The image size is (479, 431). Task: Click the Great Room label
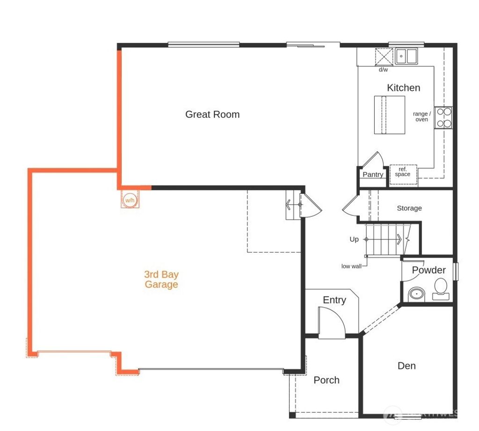(212, 115)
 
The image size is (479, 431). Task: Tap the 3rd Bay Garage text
(161, 280)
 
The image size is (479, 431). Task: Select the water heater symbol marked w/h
(130, 200)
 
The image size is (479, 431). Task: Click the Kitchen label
(403, 88)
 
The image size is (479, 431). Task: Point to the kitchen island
(389, 115)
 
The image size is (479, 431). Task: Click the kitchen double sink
(406, 57)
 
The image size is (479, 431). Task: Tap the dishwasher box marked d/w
(384, 57)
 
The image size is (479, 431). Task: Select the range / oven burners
(443, 118)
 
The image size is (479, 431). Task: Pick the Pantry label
(373, 175)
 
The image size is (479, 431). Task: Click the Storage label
(409, 208)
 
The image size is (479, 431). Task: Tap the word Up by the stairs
(354, 239)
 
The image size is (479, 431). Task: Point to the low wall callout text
(351, 266)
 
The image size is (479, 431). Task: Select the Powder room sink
(416, 294)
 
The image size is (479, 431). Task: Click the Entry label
(334, 300)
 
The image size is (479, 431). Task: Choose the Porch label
(327, 380)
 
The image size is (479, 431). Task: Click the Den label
(406, 366)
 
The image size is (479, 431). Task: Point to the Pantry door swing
(374, 160)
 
